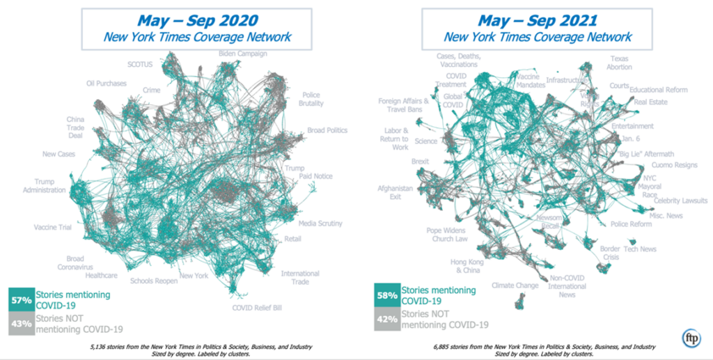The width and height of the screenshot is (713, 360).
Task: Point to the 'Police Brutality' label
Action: [x=311, y=99]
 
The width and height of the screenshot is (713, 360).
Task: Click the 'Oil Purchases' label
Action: [x=107, y=84]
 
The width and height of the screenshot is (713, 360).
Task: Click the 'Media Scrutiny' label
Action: [x=320, y=223]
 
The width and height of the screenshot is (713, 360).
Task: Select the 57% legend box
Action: [x=22, y=299]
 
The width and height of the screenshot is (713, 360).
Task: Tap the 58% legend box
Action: [x=386, y=295]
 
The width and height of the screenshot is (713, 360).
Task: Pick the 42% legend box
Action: [x=386, y=318]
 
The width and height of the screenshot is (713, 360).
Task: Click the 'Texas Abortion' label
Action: [x=621, y=63]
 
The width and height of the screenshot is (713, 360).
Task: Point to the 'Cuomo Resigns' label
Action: [x=674, y=165]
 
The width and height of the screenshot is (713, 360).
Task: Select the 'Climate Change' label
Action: [x=515, y=285]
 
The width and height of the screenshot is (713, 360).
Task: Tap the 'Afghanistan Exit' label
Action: [x=395, y=192]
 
